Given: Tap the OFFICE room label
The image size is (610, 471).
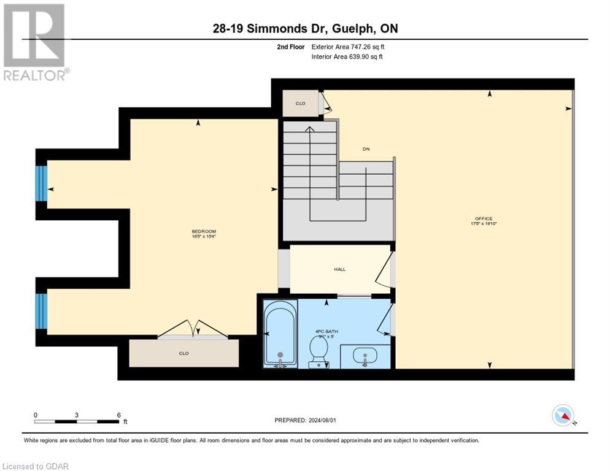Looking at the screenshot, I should pos(483,219).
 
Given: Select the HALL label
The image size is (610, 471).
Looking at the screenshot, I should pos(339,269).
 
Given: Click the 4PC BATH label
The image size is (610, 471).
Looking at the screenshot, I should pos(326,331).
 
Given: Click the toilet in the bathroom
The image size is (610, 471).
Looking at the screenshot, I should pos(318,352).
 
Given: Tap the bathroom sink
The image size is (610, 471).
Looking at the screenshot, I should pos(365,356).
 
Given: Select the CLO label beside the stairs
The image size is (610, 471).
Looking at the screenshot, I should pos(300,103).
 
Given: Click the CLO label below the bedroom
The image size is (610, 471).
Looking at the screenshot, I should pos(183,353).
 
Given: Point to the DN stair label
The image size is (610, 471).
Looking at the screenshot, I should pos(366,149).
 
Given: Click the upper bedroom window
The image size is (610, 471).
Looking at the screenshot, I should pos(41,183).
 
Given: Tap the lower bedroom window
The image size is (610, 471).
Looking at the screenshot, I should pos(41,311).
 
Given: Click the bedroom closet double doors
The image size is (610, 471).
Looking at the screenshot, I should pos(193,330).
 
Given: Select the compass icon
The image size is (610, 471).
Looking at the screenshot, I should pos(563,415).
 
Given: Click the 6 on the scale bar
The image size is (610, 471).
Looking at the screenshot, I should pos(118,415).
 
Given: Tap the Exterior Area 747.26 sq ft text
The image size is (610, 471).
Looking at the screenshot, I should pos(348,47).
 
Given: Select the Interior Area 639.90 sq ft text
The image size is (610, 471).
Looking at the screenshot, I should pos(347,57).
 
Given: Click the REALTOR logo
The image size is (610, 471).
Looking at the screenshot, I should pos(35,42).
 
